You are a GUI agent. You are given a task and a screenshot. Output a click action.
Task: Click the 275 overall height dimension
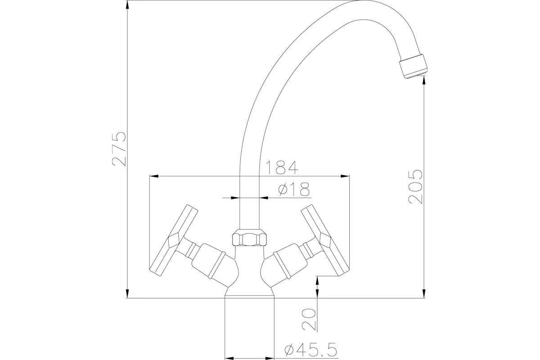[x=119, y=149]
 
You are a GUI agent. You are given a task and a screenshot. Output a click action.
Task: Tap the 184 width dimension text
[x=282, y=167]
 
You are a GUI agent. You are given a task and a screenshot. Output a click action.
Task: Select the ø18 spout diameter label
[x=293, y=189]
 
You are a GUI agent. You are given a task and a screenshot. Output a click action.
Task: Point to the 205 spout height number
[x=415, y=187]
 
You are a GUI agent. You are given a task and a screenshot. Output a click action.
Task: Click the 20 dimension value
[x=309, y=319]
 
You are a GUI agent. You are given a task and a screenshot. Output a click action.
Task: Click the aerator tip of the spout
[x=413, y=66]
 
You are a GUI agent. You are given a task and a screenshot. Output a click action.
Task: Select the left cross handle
[x=174, y=240]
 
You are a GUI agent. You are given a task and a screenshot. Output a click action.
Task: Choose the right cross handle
[x=325, y=240]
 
